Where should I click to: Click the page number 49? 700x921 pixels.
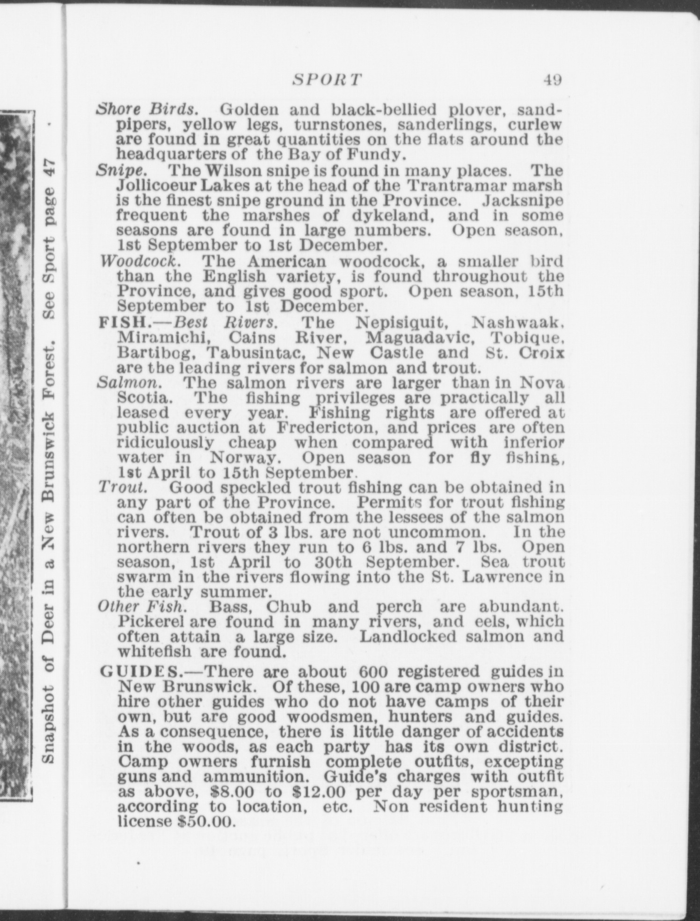click(552, 80)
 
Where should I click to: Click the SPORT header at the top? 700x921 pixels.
click(327, 80)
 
